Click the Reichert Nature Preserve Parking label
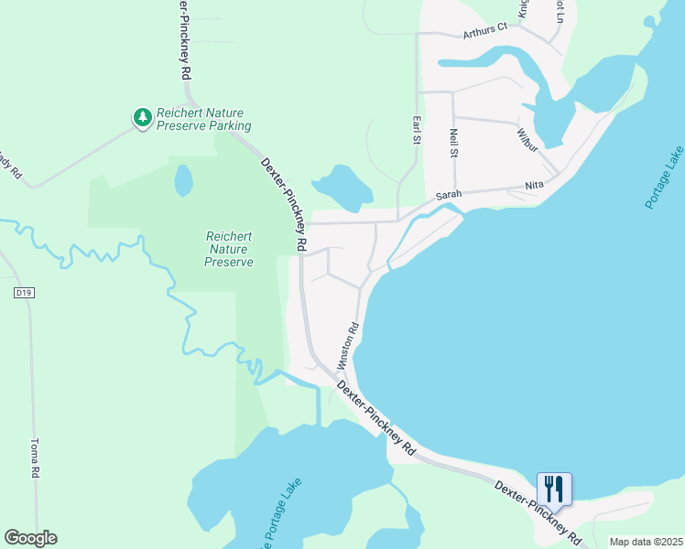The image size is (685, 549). click(x=202, y=118)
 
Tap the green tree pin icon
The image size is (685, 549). click(x=142, y=117)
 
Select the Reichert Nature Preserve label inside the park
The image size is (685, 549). click(x=228, y=249)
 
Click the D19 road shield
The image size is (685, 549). click(x=24, y=293)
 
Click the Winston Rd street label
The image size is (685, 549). click(x=347, y=346)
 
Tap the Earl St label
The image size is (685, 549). click(x=416, y=129)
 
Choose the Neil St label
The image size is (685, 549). click(x=453, y=144)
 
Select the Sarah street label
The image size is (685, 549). click(x=447, y=195)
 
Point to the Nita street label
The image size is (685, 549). click(x=534, y=186)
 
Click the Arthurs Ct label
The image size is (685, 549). click(x=484, y=30)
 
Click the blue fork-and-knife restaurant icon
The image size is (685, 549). click(x=554, y=489)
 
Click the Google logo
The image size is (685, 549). click(x=30, y=538)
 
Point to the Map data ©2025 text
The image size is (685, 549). click(x=645, y=542)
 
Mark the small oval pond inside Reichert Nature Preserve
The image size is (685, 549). click(x=184, y=180)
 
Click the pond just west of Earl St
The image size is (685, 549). click(x=342, y=186)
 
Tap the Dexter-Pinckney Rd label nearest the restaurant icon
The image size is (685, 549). click(x=538, y=512)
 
